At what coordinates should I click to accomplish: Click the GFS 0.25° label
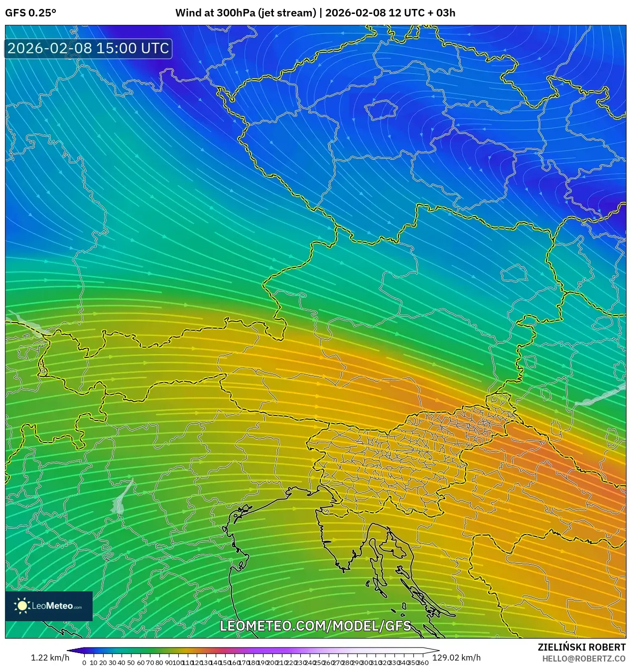[x=30, y=12]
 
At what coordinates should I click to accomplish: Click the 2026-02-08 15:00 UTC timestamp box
[x=88, y=48]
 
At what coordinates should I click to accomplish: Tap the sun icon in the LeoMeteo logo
[x=22, y=606]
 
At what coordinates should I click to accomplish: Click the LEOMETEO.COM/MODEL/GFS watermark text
[x=315, y=626]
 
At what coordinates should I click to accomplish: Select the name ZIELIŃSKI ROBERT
[x=581, y=647]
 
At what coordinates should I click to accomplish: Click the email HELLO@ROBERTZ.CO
[x=584, y=659]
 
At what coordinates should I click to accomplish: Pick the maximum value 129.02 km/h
[x=456, y=658]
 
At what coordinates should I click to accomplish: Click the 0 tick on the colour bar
[x=84, y=663]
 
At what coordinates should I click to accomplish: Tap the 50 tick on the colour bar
[x=130, y=663]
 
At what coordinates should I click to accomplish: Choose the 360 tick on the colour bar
[x=423, y=663]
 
